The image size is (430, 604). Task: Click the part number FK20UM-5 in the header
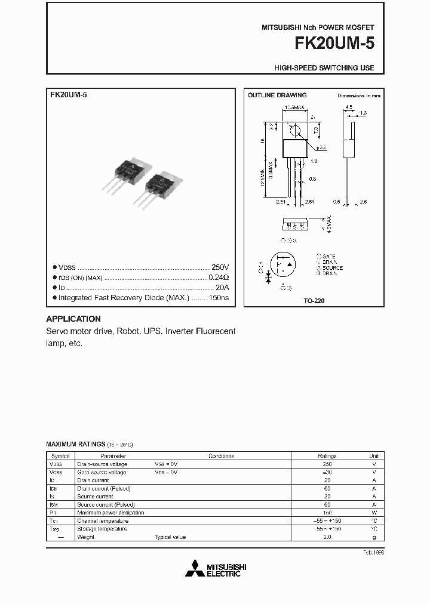pyautogui.click(x=333, y=44)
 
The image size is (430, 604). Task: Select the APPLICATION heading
pyautogui.click(x=73, y=319)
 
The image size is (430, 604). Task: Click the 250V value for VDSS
pyautogui.click(x=220, y=268)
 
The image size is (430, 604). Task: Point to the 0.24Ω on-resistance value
pyautogui.click(x=219, y=278)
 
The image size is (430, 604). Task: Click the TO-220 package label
pyautogui.click(x=314, y=301)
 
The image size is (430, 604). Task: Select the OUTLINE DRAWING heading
pyautogui.click(x=277, y=95)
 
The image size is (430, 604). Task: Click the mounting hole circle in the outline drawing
pyautogui.click(x=294, y=129)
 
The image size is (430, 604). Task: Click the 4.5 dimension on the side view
pyautogui.click(x=349, y=107)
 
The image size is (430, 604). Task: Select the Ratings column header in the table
pyautogui.click(x=327, y=456)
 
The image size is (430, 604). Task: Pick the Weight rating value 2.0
pyautogui.click(x=327, y=537)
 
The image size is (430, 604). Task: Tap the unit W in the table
pyautogui.click(x=374, y=513)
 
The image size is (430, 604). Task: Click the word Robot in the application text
pyautogui.click(x=128, y=331)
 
